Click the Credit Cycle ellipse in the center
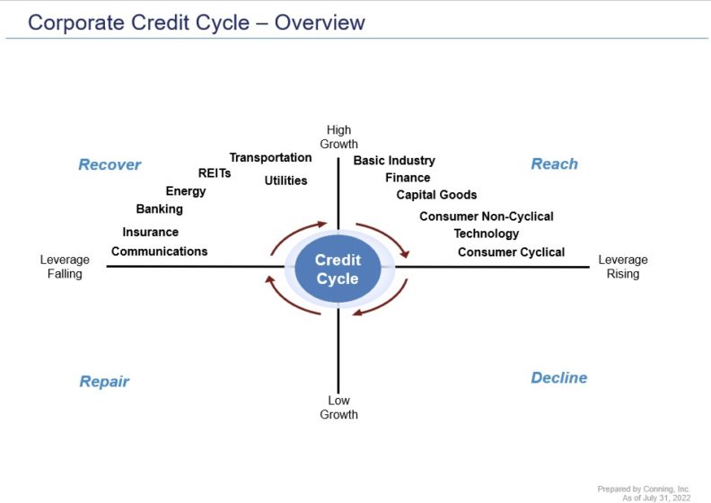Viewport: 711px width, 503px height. click(338, 269)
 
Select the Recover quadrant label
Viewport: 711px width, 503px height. click(110, 164)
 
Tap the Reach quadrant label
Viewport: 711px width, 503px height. click(554, 163)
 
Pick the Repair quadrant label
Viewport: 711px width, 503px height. click(104, 382)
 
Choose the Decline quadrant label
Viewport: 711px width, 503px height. click(558, 378)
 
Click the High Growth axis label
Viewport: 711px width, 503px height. click(338, 137)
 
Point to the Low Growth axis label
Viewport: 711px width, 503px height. click(338, 408)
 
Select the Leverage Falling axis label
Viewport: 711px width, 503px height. click(65, 267)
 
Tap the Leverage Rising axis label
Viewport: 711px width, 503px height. click(622, 267)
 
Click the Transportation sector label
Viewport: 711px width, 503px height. click(270, 158)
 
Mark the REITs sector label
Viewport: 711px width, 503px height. click(215, 173)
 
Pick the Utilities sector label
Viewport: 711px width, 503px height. click(285, 181)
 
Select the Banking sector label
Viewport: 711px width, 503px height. click(159, 209)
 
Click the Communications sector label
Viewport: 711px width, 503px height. click(159, 251)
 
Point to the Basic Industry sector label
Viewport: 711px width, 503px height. click(394, 161)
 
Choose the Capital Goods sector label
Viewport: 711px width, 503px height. click(436, 195)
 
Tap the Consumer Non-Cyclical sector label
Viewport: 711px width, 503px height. click(486, 216)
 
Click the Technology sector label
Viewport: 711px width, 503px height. click(486, 234)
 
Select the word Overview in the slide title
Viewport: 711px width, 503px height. click(320, 22)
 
